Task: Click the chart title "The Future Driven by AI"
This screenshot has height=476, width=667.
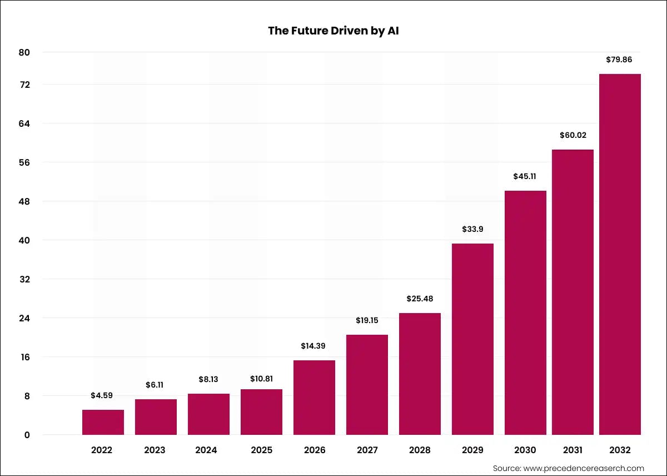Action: coord(333,31)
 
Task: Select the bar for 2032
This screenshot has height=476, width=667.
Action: coord(620,254)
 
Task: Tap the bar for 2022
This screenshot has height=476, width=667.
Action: coord(103,422)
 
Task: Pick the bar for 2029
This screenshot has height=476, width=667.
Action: coord(472,339)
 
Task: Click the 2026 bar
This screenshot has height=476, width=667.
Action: coord(314,397)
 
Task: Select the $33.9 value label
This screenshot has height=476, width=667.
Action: coord(472,229)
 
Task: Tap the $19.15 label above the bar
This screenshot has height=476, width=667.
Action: coord(367,320)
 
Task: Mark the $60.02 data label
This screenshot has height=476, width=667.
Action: coord(573,135)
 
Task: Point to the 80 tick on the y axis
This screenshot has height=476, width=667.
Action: coord(24,52)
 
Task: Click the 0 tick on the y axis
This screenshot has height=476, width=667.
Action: coord(27,435)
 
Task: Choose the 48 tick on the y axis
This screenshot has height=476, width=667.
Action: coord(24,201)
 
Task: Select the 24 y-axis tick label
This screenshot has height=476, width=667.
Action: coord(24,318)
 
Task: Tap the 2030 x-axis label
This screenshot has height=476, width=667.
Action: coord(525,450)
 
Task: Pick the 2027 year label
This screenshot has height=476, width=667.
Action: coord(367,450)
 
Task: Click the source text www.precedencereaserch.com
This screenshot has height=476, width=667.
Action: coord(568,468)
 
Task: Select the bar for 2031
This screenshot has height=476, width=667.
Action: coord(573,292)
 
